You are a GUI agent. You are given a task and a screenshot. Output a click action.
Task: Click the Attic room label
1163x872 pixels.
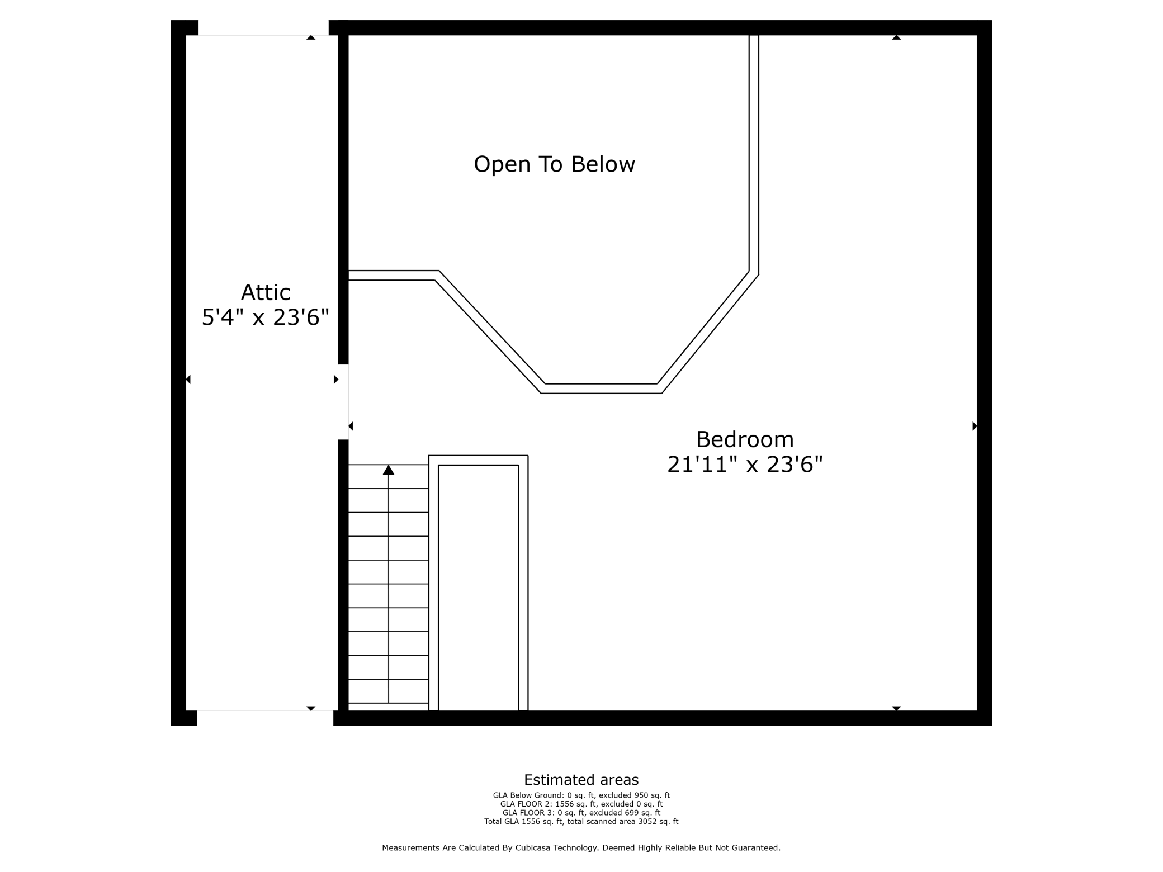pyautogui.click(x=266, y=292)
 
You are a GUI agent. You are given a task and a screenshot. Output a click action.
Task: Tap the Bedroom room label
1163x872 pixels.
pyautogui.click(x=745, y=439)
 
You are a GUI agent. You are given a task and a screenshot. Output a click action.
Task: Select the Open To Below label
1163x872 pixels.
pyautogui.click(x=554, y=164)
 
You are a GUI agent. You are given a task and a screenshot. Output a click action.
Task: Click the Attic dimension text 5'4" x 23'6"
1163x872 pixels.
pyautogui.click(x=265, y=317)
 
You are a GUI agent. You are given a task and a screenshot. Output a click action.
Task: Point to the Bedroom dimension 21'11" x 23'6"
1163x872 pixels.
pyautogui.click(x=745, y=465)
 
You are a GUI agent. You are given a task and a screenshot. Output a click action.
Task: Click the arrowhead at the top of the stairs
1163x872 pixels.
pyautogui.click(x=389, y=470)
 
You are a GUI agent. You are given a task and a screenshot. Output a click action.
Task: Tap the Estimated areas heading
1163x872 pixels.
pyautogui.click(x=581, y=780)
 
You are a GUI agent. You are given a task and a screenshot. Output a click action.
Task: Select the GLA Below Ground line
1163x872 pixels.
pyautogui.click(x=581, y=795)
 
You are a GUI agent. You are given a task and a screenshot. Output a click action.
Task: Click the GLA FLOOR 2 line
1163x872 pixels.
pyautogui.click(x=581, y=804)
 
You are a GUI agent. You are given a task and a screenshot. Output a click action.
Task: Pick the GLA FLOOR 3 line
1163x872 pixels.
pyautogui.click(x=581, y=813)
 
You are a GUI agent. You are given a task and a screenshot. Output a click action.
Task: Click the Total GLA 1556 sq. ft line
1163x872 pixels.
pyautogui.click(x=581, y=822)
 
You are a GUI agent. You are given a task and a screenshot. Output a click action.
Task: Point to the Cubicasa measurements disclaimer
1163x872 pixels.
pyautogui.click(x=581, y=848)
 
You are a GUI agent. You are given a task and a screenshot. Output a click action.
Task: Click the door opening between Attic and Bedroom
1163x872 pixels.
pyautogui.click(x=343, y=402)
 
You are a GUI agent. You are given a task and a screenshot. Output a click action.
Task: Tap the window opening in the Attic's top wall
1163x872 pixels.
pyautogui.click(x=263, y=28)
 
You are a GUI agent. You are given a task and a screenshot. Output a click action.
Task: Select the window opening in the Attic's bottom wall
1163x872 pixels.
pyautogui.click(x=265, y=718)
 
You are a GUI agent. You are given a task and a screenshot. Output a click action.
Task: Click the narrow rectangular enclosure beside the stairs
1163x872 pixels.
pyautogui.click(x=478, y=587)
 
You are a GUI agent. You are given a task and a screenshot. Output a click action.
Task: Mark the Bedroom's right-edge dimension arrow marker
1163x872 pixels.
pyautogui.click(x=975, y=426)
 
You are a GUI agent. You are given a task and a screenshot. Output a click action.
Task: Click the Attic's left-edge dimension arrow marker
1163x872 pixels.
pyautogui.click(x=188, y=380)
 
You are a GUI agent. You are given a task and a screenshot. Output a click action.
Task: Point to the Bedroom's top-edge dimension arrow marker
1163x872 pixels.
pyautogui.click(x=896, y=37)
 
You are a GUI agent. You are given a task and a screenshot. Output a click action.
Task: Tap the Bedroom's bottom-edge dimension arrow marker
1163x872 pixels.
pyautogui.click(x=896, y=708)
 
